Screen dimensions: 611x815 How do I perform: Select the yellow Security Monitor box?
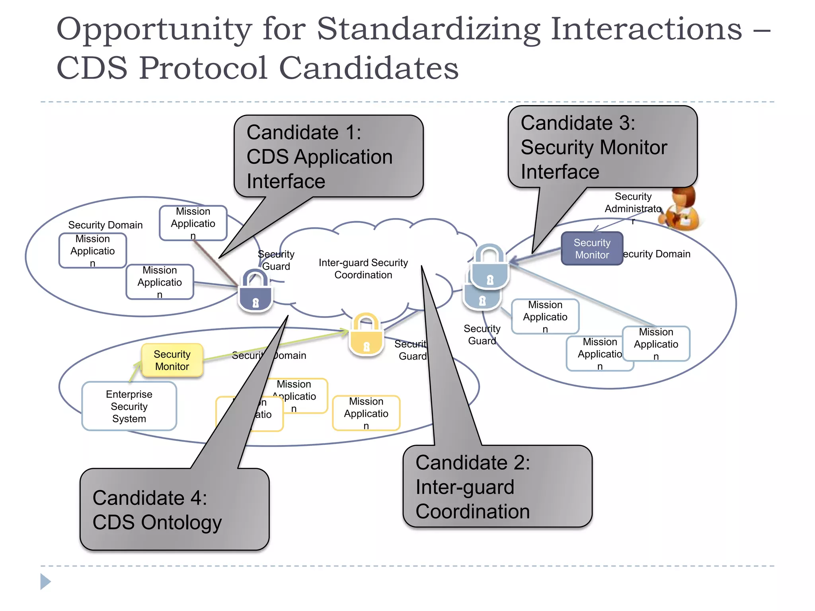point(172,360)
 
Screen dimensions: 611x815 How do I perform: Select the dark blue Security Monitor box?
point(592,249)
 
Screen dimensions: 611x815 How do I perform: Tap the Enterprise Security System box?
point(129,406)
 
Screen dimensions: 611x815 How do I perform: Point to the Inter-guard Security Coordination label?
point(363,269)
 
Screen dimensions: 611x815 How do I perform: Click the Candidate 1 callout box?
point(328,156)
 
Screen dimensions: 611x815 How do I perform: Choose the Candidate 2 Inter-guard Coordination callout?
point(497,486)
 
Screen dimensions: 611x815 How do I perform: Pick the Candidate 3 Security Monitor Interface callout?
point(602,147)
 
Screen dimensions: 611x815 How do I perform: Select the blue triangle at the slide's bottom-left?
point(45,582)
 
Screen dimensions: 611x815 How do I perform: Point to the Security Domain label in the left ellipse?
point(105,225)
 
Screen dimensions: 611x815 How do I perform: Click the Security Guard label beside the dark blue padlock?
point(276,260)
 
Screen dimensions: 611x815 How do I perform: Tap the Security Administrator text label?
point(633,203)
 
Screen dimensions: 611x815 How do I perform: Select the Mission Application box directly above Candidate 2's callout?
point(366,413)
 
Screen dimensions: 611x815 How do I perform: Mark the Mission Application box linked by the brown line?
point(193,223)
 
